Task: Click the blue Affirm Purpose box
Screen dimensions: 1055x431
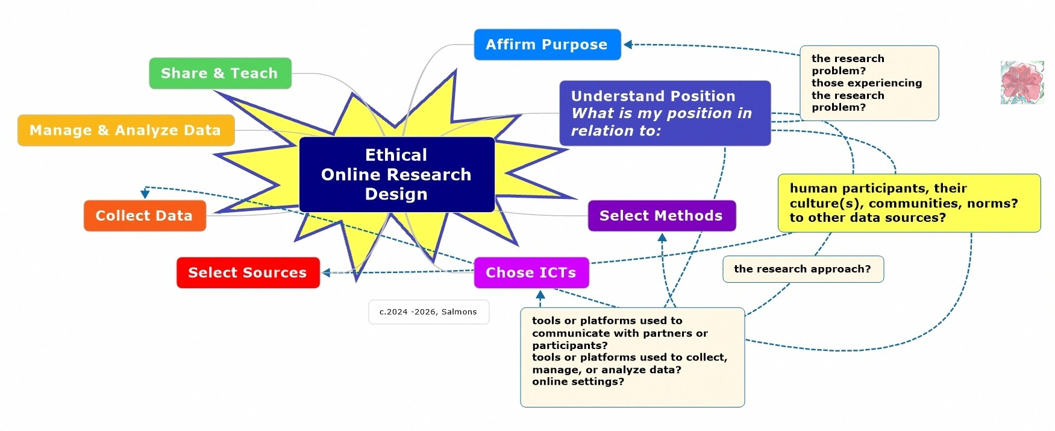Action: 547,45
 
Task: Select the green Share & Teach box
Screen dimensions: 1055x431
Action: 220,74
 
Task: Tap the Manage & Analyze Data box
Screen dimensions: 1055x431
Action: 126,130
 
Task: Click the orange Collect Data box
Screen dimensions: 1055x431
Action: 145,216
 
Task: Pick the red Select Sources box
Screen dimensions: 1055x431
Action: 248,272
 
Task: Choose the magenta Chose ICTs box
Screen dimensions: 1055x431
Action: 531,272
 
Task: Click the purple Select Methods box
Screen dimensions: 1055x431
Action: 662,216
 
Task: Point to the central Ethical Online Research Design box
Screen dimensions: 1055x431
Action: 396,174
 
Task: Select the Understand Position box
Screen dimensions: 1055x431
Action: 665,113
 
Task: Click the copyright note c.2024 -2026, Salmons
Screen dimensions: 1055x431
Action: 428,312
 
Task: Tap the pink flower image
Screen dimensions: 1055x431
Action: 1022,83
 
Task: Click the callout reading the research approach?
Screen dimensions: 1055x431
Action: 803,269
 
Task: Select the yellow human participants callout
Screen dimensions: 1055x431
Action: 909,203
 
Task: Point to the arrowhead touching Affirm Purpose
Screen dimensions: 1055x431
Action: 628,45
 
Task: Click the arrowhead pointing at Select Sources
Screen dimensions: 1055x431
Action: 327,273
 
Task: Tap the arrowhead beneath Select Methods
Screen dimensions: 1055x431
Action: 662,238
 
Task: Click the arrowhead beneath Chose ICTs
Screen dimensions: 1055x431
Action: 540,295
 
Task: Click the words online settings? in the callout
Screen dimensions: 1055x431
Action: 578,382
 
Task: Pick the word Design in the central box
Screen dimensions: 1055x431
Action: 396,194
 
